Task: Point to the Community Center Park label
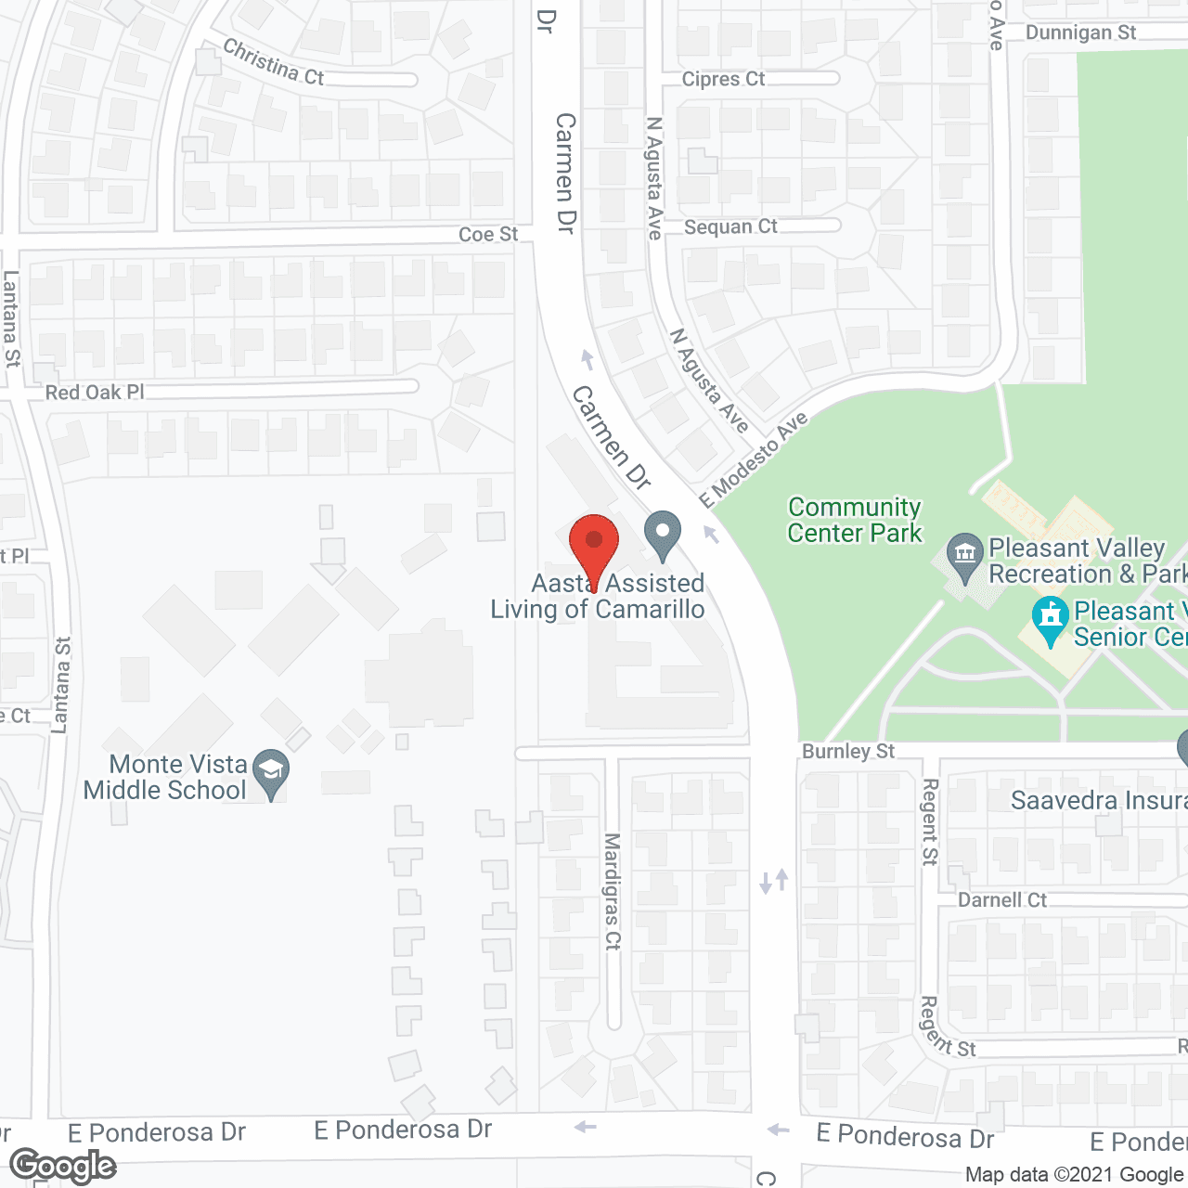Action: pos(855,521)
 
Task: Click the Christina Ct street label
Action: pos(274,63)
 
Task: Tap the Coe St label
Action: pos(488,235)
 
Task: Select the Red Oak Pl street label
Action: pos(95,393)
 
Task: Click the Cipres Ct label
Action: pos(723,80)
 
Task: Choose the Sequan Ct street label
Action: pos(730,227)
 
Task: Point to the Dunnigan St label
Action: pos(1080,33)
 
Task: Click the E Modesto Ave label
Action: pos(754,460)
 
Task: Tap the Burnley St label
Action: pos(848,751)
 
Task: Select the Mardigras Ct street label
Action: pos(613,891)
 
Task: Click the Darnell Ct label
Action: pos(1002,900)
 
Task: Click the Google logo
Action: pos(63,1166)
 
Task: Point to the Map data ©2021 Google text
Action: pos(1074,1175)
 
